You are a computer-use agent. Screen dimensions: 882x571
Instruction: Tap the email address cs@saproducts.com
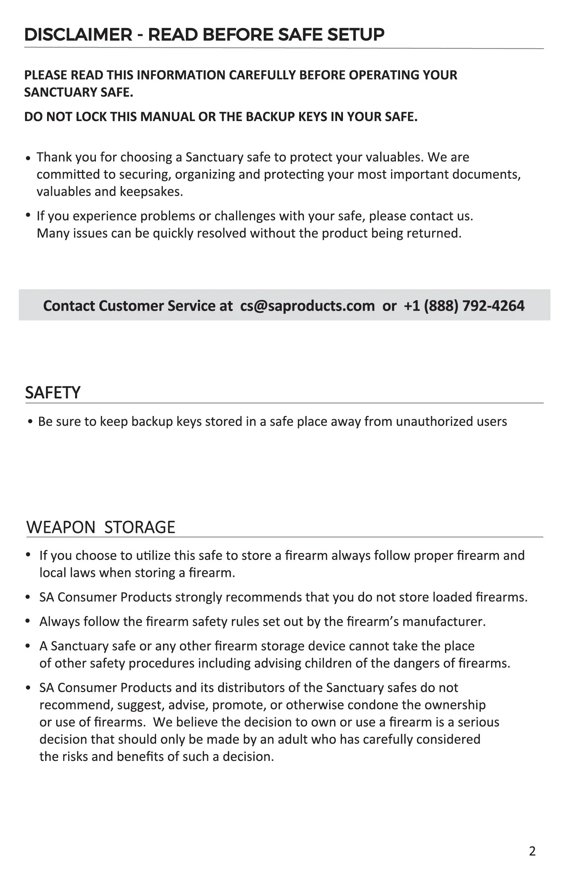pos(307,306)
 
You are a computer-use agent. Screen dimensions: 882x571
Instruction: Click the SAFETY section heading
pos(53,393)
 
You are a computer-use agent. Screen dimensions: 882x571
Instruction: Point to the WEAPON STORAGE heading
pos(101,527)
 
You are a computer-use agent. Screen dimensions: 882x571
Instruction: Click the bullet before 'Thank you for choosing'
pos(28,158)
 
